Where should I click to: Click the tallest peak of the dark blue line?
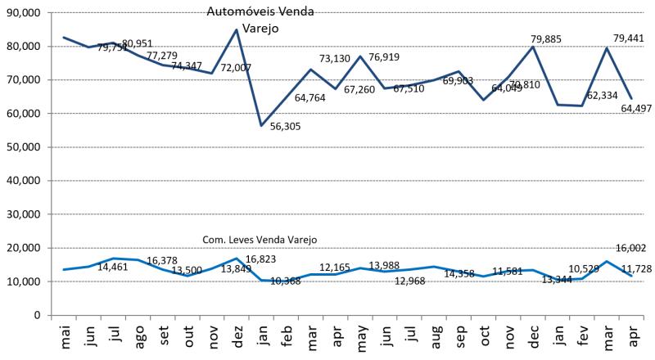click(x=237, y=29)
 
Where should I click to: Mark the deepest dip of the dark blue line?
click(x=261, y=125)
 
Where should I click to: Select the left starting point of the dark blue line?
click(x=63, y=37)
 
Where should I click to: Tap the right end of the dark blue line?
click(x=631, y=98)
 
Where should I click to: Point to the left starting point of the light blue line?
click(x=63, y=269)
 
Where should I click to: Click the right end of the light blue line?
click(x=631, y=276)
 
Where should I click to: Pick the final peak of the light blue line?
click(x=607, y=261)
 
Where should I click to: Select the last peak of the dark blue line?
click(x=607, y=47)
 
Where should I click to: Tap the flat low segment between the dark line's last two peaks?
click(x=570, y=105)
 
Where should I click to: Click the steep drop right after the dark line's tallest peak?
click(x=249, y=78)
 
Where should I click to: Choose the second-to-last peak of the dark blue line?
click(x=533, y=47)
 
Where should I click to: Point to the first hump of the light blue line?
click(x=115, y=259)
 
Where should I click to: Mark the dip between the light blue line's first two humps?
click(x=187, y=276)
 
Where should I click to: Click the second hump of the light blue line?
click(x=237, y=259)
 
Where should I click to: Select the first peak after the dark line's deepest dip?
click(x=310, y=70)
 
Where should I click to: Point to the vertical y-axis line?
click(x=52, y=164)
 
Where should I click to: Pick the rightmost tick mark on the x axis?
click(x=644, y=318)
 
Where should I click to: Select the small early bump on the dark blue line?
click(x=113, y=43)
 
